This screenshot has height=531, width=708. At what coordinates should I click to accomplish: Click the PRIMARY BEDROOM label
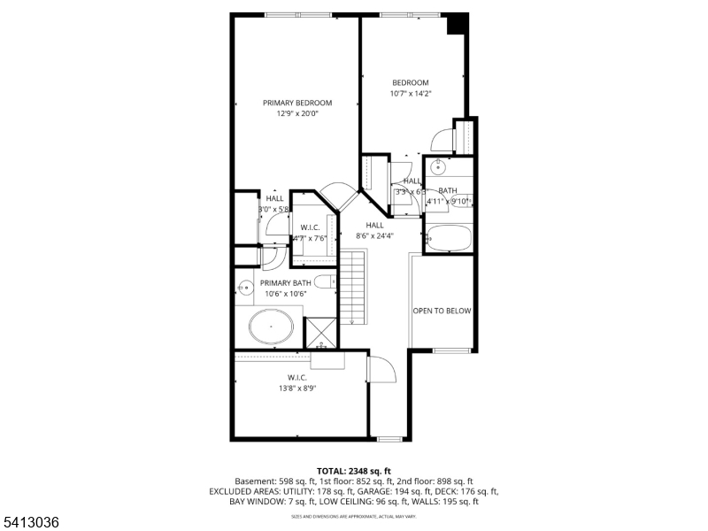pos(297,103)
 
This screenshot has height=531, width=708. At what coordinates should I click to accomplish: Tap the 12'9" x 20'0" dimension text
pos(297,113)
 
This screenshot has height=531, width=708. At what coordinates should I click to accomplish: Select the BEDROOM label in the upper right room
pos(411,83)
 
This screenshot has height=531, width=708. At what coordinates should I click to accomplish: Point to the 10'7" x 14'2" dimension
pos(411,94)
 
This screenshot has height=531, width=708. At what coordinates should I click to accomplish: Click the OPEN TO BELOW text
pos(442,311)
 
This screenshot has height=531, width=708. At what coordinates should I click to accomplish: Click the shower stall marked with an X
pos(320,332)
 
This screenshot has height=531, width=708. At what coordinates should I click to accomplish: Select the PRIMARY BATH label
pos(285,283)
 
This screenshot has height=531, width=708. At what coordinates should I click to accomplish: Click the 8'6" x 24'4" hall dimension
pos(375,236)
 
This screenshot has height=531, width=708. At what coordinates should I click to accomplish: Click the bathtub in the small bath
pos(448,238)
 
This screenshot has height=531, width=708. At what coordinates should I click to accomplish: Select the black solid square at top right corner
pos(457,24)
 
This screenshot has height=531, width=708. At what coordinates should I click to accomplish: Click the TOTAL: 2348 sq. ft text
pos(354,470)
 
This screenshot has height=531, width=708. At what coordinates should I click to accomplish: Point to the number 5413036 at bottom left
pos(31,523)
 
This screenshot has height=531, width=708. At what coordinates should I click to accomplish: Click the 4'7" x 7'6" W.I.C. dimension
pos(310,238)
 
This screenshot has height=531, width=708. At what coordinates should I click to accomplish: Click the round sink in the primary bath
pos(244,287)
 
